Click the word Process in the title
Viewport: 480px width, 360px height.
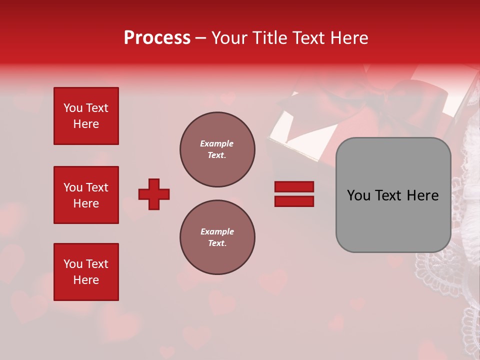click(x=157, y=38)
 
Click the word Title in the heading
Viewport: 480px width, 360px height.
click(x=269, y=38)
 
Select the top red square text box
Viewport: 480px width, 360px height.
click(x=86, y=116)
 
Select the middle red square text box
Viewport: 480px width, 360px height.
click(x=86, y=195)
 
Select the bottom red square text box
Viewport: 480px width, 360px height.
click(x=86, y=271)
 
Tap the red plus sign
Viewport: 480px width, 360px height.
click(x=154, y=194)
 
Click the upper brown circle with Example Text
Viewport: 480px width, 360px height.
click(x=217, y=149)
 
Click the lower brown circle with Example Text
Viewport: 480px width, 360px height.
click(x=217, y=237)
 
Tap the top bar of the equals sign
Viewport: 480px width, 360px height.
click(x=294, y=186)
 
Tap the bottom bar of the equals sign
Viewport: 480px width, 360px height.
click(x=294, y=201)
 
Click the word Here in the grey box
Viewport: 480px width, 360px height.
click(x=422, y=195)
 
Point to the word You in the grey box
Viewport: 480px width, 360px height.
click(x=358, y=195)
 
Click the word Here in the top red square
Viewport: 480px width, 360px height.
click(x=86, y=124)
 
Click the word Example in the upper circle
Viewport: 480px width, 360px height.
click(x=216, y=143)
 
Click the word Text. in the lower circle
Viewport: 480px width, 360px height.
click(x=217, y=243)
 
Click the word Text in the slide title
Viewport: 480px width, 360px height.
click(x=306, y=38)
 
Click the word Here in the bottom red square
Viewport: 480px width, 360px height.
click(x=86, y=280)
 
